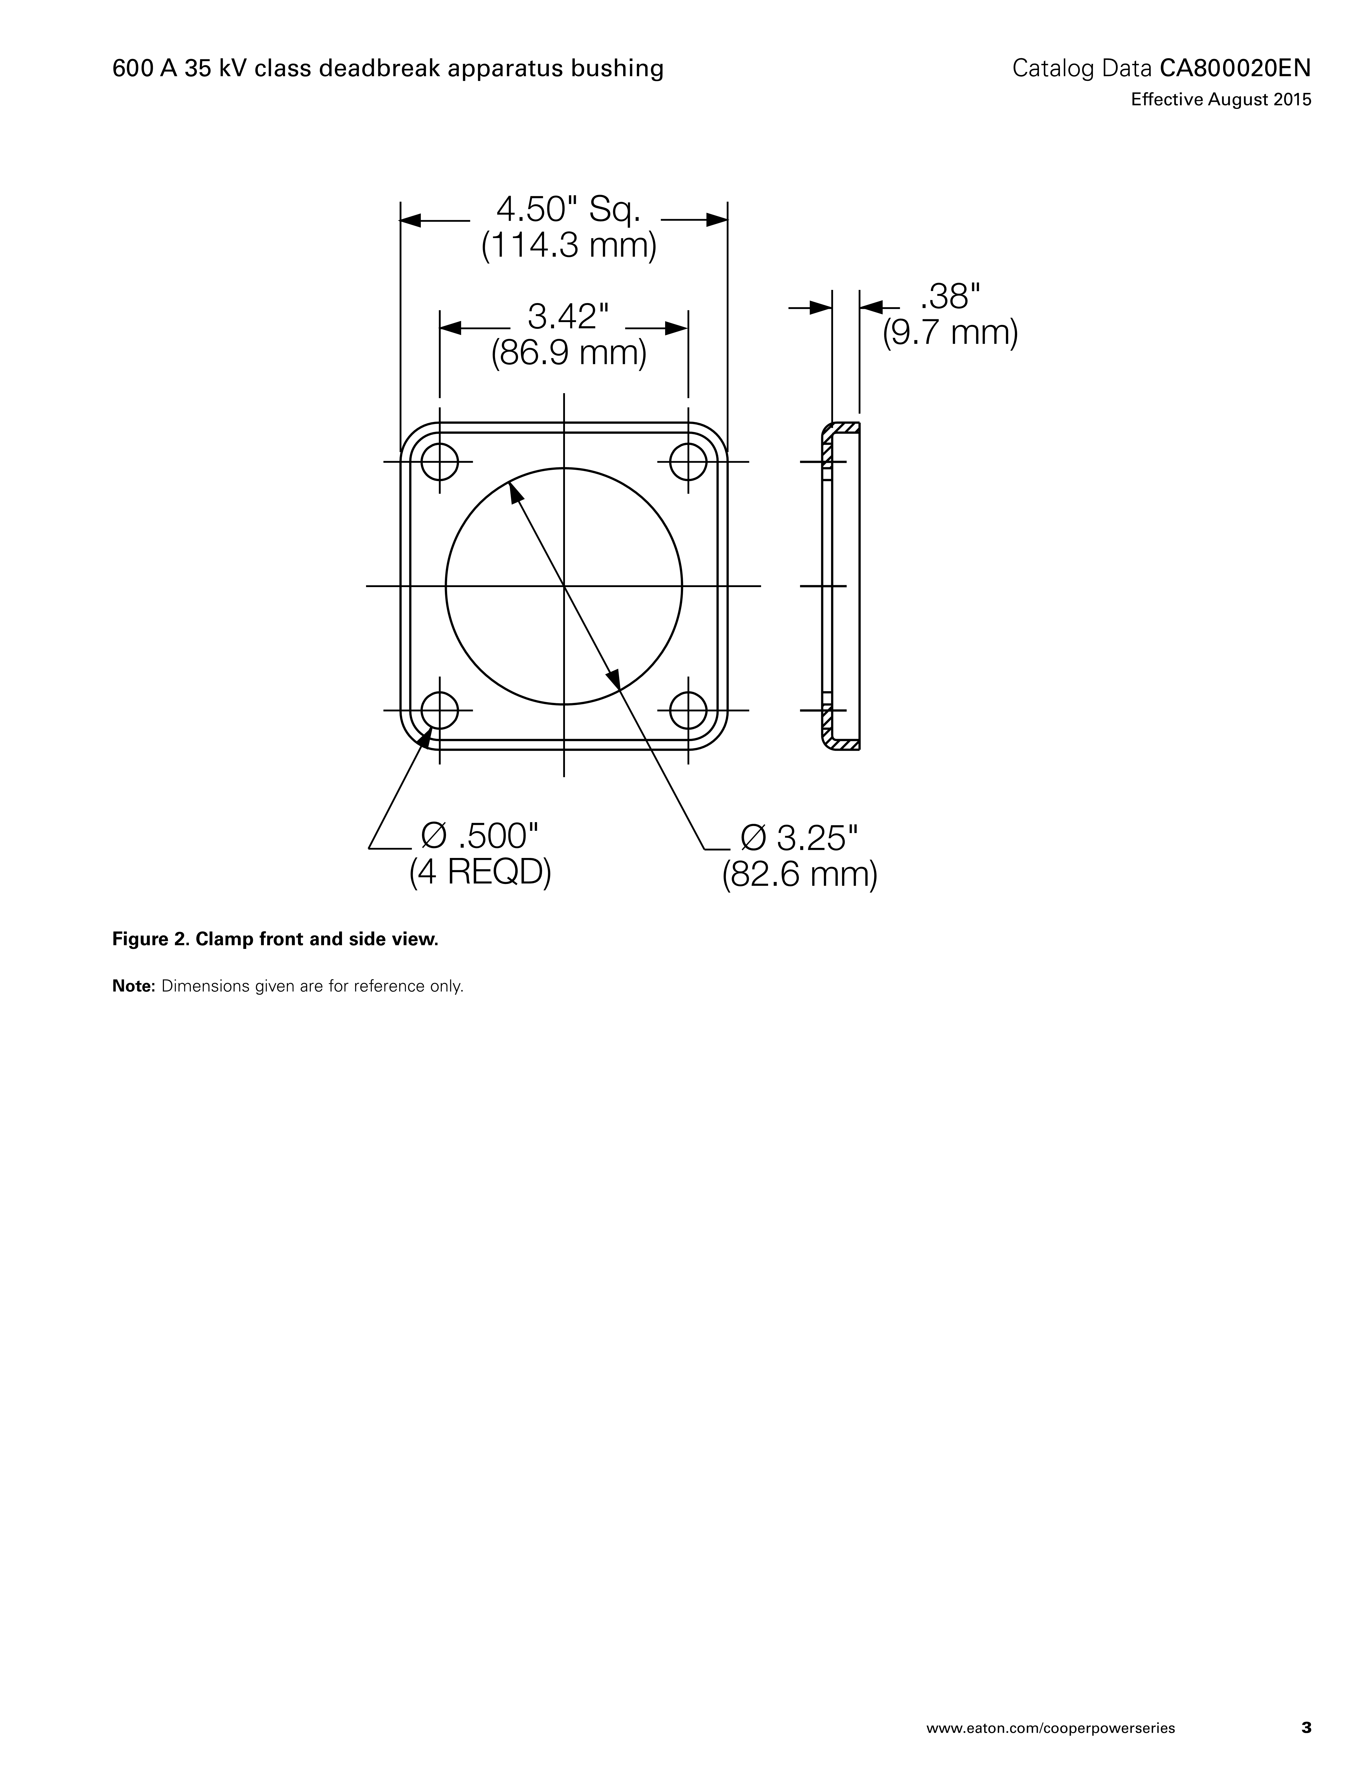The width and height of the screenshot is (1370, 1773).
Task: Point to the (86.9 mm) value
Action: coord(568,352)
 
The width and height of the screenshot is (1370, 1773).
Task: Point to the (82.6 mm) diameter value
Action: coord(799,874)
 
